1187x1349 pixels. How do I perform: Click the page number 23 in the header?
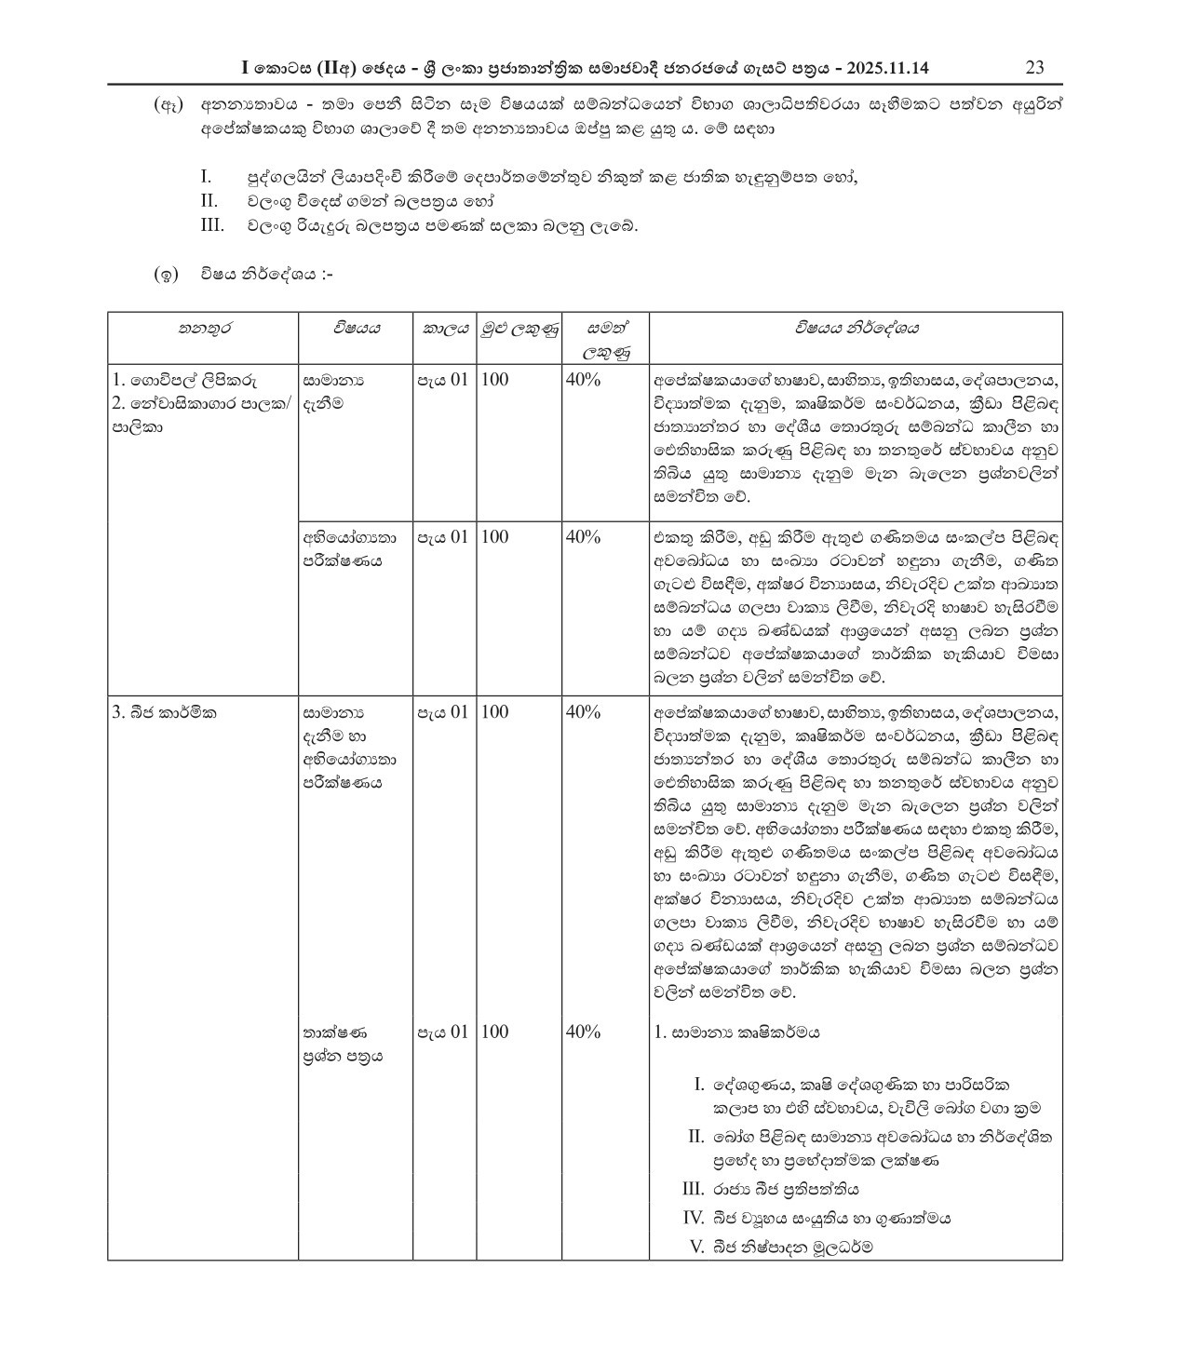coord(1033,68)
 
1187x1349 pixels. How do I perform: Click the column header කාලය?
coord(445,329)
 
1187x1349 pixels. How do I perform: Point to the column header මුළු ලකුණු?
coord(519,329)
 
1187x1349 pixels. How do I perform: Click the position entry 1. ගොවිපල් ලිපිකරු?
coord(185,380)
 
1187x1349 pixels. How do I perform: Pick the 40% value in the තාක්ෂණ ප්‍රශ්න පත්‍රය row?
coord(583,1032)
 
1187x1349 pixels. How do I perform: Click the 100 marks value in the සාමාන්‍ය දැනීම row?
coord(495,380)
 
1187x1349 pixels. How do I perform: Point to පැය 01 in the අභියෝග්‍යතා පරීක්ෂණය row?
coord(442,537)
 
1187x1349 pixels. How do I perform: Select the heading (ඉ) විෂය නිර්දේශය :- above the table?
coord(244,275)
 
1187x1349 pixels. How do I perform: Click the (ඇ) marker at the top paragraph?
coord(168,105)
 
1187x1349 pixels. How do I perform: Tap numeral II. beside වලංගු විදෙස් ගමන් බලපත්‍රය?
coord(209,201)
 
